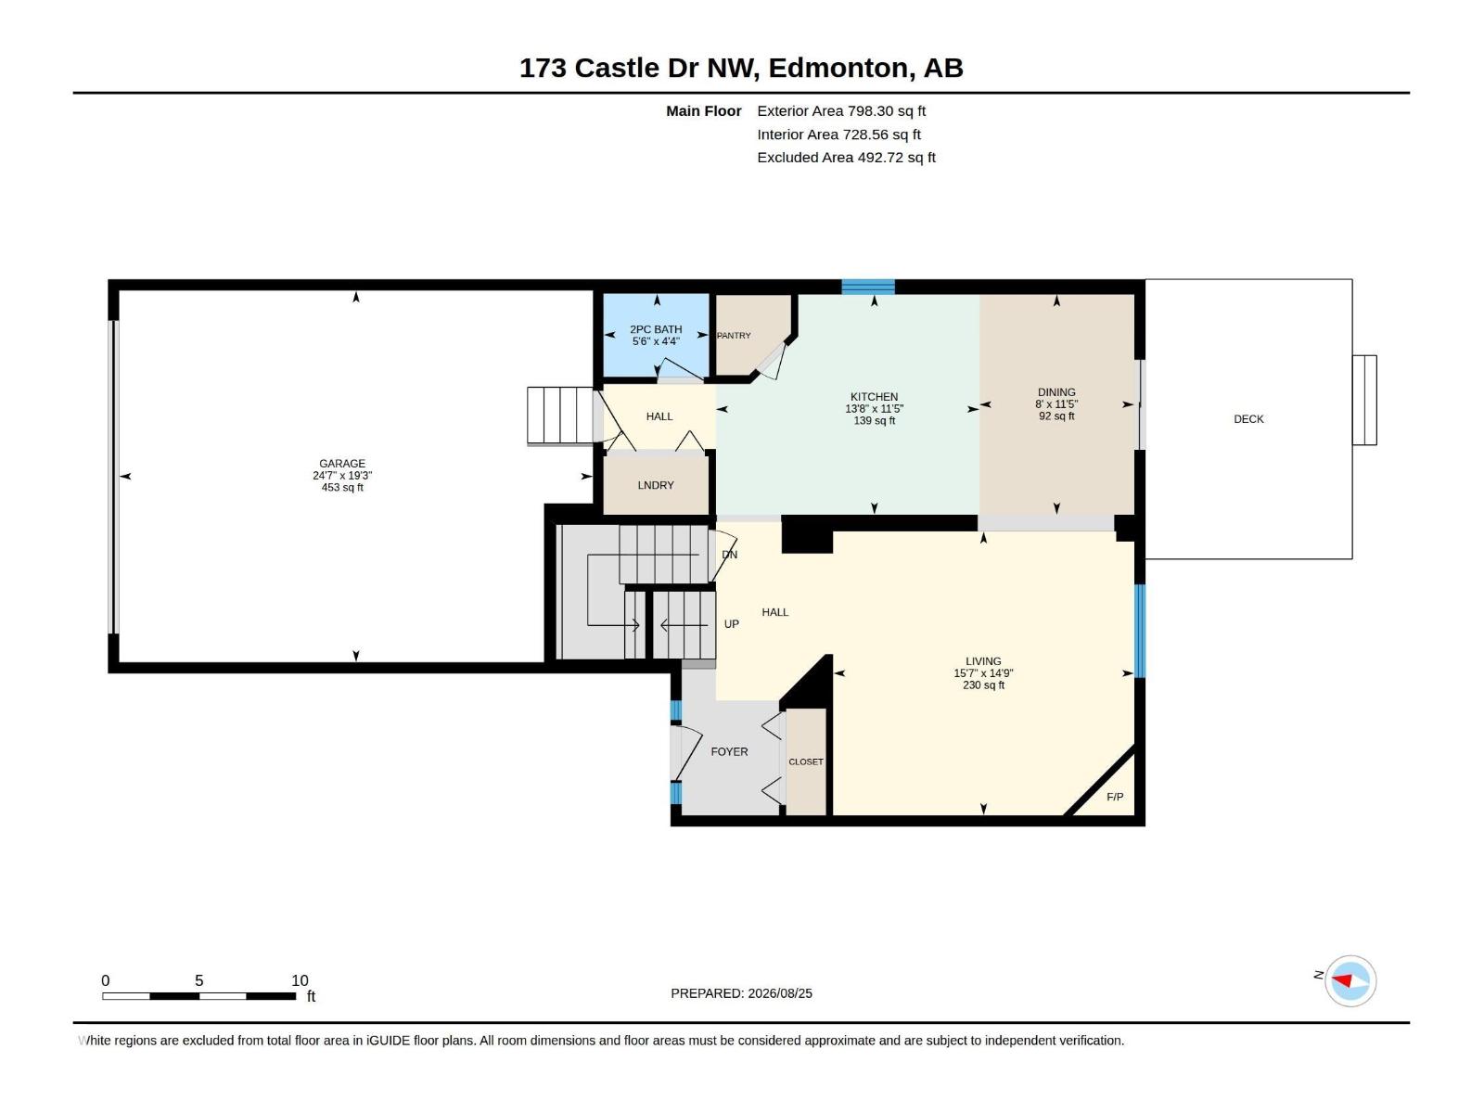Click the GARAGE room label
(x=342, y=464)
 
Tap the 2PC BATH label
(x=656, y=329)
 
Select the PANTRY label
(x=734, y=335)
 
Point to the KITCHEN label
(x=875, y=397)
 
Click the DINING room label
(x=1056, y=392)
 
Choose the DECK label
(x=1248, y=419)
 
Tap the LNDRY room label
(x=656, y=485)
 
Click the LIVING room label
(x=984, y=661)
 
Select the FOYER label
(x=730, y=751)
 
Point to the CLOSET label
(x=806, y=761)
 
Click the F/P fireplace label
(x=1115, y=797)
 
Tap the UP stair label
(x=732, y=623)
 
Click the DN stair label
(x=730, y=554)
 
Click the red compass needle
(x=1342, y=980)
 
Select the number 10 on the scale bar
(x=300, y=980)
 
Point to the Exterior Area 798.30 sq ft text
(x=841, y=110)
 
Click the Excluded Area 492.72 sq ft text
(x=847, y=158)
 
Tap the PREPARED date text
(x=742, y=993)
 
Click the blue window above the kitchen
(x=868, y=287)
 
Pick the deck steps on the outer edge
(x=1364, y=400)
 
